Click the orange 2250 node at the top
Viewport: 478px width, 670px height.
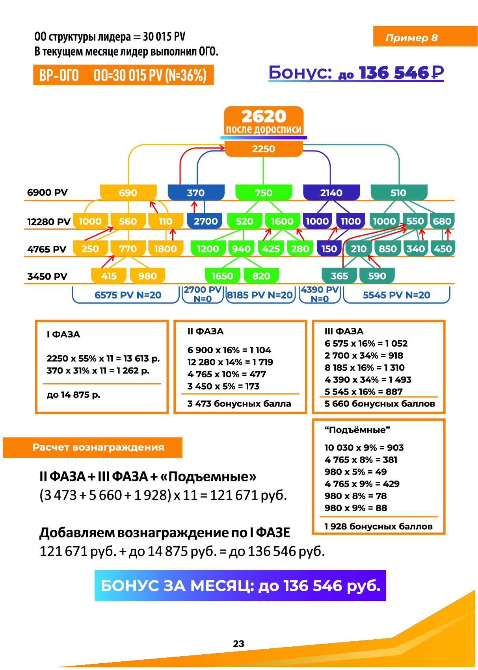264,149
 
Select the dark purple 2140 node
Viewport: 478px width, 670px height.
331,193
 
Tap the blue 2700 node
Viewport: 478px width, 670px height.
205,221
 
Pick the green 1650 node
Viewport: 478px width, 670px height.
222,276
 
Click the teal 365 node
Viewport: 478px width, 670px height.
339,276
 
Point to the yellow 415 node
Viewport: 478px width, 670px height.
109,276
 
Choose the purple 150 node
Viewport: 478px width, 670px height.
329,249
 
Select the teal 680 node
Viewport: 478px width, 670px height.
442,221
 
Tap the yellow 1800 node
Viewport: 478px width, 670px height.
165,249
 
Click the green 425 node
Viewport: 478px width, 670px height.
271,249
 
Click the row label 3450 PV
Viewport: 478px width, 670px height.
47,277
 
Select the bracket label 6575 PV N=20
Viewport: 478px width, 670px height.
128,295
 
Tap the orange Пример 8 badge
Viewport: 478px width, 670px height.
411,38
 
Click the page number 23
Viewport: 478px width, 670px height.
238,644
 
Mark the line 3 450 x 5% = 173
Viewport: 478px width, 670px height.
223,386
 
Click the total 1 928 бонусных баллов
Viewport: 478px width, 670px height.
378,527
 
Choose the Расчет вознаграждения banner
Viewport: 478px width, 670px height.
98,447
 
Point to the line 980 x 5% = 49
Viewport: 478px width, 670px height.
355,472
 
